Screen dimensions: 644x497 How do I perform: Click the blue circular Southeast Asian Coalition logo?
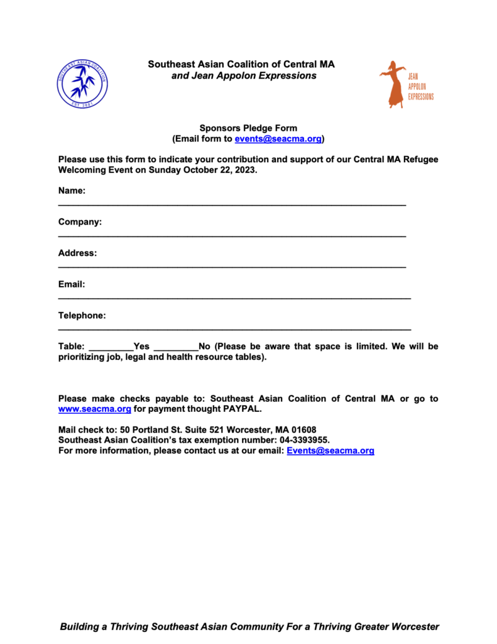(82, 82)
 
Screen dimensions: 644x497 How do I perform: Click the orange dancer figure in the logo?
(393, 84)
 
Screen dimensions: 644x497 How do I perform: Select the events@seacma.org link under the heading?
(278, 138)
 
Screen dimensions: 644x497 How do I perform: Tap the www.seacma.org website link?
(94, 409)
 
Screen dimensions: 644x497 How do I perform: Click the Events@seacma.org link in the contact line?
(330, 451)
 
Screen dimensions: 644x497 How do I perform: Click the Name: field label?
(72, 191)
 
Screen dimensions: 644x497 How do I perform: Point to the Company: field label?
(80, 222)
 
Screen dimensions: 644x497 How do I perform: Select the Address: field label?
(77, 253)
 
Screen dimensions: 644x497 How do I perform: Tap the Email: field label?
(72, 284)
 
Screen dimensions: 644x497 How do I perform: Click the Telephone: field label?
(82, 315)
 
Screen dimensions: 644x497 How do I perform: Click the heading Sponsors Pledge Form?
(248, 128)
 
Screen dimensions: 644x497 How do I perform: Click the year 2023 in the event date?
(244, 170)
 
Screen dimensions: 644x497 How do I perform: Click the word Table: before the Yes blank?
(71, 347)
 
